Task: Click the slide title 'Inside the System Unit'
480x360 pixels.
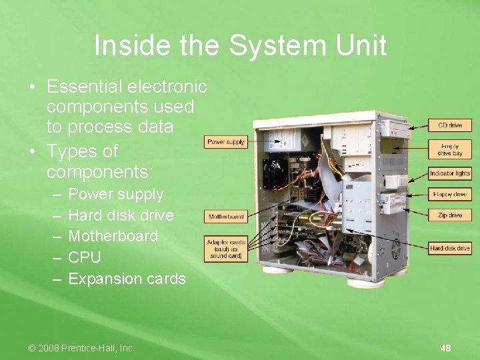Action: (x=240, y=46)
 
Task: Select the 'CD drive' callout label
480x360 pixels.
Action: (x=450, y=125)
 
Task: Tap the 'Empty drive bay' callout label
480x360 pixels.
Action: (x=450, y=149)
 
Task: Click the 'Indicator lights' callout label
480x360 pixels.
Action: (x=450, y=173)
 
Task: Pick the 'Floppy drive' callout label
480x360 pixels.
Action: (x=450, y=195)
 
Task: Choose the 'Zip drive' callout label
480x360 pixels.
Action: (x=450, y=215)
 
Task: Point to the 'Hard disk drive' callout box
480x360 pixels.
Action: (x=450, y=248)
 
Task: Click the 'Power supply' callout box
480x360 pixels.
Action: (x=226, y=142)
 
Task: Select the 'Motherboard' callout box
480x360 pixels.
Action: (x=226, y=217)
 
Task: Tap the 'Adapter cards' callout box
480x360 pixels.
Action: (x=225, y=249)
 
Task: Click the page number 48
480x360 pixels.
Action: (x=445, y=348)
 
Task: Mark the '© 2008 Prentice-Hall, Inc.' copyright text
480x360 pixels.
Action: (x=81, y=348)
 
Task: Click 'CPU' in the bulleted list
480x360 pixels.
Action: (x=85, y=257)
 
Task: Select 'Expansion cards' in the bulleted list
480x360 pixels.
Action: (x=127, y=279)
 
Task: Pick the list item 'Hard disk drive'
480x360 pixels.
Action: (x=121, y=215)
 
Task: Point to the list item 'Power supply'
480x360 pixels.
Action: (x=115, y=195)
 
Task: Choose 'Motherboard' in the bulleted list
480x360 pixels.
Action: (x=113, y=236)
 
